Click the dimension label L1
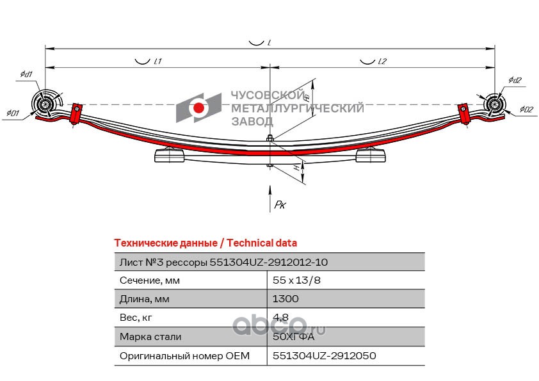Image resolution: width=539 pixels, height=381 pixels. coord(157,61)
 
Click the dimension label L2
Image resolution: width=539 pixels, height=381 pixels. coord(382,61)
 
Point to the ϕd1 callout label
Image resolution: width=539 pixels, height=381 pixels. coord(26,74)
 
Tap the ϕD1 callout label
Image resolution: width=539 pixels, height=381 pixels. coord(13,113)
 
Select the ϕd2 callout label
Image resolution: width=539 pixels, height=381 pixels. coord(515,80)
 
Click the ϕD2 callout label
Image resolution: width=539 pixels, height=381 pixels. coord(526,109)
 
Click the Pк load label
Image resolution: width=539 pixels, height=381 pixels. coord(280,205)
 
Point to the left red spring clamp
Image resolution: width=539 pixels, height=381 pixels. coord(76,114)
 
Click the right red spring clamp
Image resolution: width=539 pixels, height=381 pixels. coord(464,113)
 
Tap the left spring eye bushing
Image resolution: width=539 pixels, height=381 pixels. coord(45,104)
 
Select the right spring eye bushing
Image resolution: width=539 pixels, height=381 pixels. coord(494,104)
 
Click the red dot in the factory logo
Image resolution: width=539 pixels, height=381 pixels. coord(198,108)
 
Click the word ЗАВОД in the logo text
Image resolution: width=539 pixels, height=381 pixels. coord(252,122)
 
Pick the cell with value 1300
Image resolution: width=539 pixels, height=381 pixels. coord(286,298)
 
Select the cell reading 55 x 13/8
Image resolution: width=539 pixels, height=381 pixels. coord(296,280)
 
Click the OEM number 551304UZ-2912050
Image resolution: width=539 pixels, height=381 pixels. coord(324,355)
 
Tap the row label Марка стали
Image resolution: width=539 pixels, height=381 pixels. coord(150,336)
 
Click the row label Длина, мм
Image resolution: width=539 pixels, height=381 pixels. coord(145,299)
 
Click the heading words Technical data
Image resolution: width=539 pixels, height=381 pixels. coord(262,243)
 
